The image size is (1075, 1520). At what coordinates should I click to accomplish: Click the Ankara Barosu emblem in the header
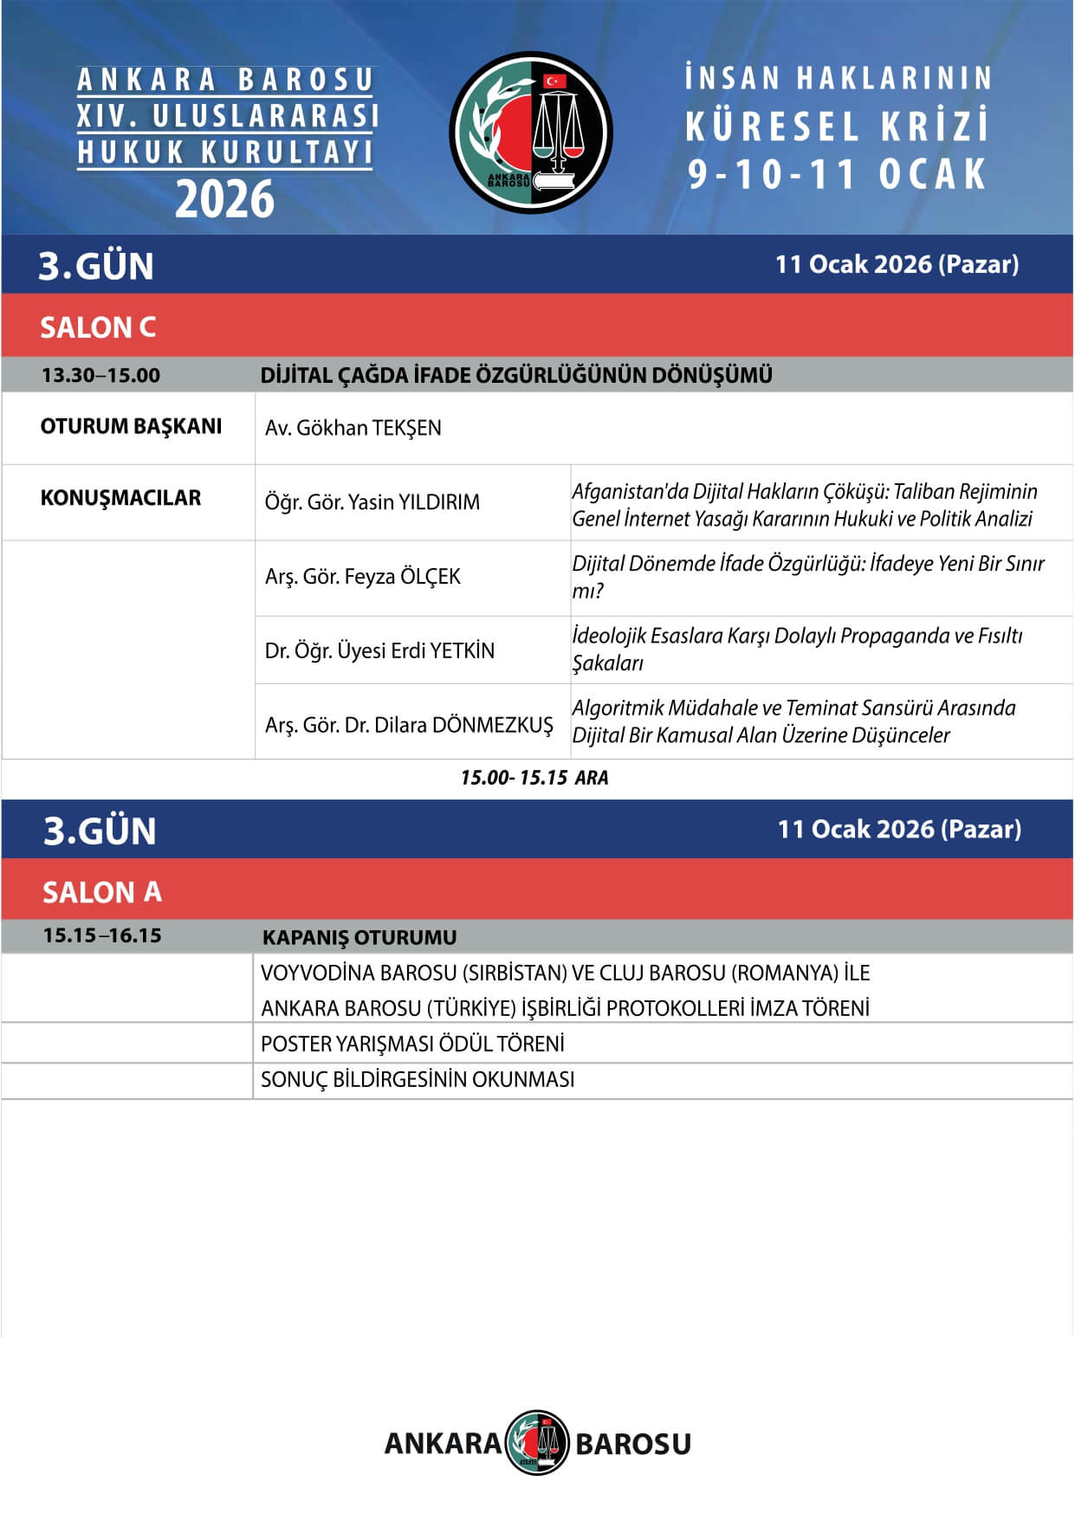pos(530,133)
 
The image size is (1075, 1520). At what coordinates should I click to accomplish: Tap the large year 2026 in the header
pos(224,199)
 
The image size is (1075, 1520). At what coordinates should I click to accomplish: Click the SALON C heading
pos(98,327)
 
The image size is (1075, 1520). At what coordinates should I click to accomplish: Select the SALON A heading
pos(102,892)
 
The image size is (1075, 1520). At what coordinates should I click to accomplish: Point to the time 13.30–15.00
pos(100,376)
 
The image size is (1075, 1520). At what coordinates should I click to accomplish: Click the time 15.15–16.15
pos(102,935)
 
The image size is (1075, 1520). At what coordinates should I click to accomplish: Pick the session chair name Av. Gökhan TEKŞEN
pos(353,428)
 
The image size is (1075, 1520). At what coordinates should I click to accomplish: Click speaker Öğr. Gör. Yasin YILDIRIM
pos(372,502)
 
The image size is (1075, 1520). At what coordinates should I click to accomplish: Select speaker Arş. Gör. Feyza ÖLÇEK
pos(362,577)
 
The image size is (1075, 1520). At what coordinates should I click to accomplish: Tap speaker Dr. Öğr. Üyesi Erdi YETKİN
pos(379,650)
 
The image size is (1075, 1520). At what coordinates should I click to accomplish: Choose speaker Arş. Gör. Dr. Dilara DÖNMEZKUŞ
pos(409,725)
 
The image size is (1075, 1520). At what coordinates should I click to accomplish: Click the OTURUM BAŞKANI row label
pos(131,426)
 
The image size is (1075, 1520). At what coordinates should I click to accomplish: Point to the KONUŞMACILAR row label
pos(120,498)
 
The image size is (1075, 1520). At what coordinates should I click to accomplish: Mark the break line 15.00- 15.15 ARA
pos(534,778)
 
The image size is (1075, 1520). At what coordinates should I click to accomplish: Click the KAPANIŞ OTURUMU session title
pos(359,937)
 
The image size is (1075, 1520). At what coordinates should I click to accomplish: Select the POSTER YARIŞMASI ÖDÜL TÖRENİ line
pos(412,1044)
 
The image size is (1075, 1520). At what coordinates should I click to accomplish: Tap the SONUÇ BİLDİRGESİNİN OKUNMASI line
pos(418,1079)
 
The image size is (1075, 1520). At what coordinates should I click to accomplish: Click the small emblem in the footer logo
pos(537,1443)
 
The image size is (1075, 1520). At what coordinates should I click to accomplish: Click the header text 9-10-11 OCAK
pos(837,174)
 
